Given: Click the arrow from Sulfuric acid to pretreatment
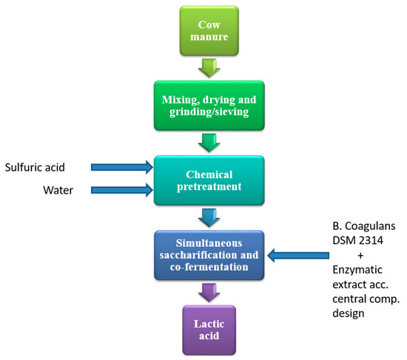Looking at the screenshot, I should (122, 167).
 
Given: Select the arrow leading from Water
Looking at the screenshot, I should (122, 191).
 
